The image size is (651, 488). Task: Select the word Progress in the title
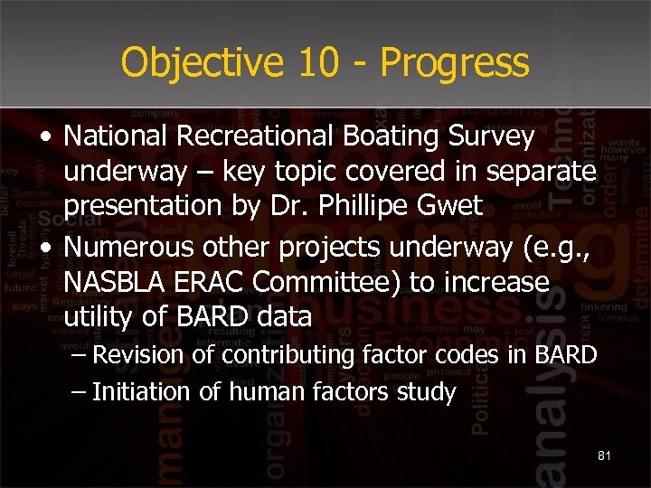coord(455,63)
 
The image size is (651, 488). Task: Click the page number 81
coord(604,456)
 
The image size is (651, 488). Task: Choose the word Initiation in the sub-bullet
coord(142,393)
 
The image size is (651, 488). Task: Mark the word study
coord(428,393)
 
